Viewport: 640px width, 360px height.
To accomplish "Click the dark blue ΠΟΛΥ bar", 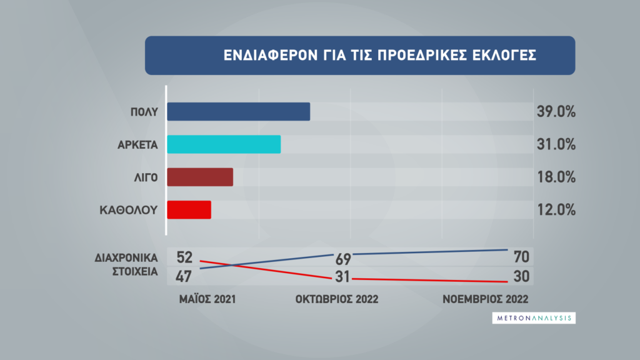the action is coord(238,111).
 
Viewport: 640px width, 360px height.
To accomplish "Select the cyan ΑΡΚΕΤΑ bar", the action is coord(224,144).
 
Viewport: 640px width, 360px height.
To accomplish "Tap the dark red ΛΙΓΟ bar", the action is coord(200,177).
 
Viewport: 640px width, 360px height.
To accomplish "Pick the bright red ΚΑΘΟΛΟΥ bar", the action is coord(189,210).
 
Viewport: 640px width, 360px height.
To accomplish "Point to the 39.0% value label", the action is coord(556,111).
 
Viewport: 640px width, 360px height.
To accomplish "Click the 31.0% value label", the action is coord(556,144).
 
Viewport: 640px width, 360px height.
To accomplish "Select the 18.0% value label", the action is coord(556,177).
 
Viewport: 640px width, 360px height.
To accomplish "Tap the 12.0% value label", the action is coord(556,210).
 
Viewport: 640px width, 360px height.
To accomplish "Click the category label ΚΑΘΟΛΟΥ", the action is coord(129,210).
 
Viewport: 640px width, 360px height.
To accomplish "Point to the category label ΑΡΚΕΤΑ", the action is coord(137,145).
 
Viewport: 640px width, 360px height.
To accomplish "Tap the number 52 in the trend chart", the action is coord(184,257).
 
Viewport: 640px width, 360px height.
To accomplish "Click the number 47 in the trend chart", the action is coord(184,276).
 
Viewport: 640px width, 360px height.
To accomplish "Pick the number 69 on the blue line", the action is coord(343,259).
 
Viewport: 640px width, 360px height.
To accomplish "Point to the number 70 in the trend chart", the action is coord(522,257).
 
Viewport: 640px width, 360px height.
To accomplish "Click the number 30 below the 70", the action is coord(522,276).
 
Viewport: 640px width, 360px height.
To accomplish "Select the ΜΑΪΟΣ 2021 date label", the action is coord(207,299).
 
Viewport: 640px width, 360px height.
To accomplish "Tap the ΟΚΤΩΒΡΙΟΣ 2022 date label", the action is coord(337,299).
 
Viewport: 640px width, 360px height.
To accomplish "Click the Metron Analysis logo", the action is coord(534,318).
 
